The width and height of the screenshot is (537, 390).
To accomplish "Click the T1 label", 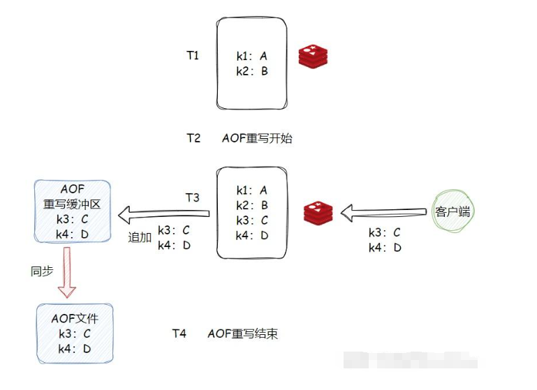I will coord(193,55).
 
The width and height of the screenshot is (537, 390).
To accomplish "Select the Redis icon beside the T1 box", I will coord(313,56).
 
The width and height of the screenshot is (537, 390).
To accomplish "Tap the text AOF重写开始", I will coord(257,138).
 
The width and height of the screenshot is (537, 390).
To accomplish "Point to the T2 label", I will coord(193,138).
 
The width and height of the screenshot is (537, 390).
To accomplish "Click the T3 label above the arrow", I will coord(193,197).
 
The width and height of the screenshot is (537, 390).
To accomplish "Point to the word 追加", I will coord(140,237).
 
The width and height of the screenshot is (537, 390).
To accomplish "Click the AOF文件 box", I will coord(73,333).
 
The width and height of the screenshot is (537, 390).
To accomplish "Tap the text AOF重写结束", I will coord(243,333).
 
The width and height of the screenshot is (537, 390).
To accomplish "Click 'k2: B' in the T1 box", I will coord(252,71).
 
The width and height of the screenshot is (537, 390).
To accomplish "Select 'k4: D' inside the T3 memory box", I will coord(252,235).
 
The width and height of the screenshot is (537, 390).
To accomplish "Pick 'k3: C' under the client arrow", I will coord(385,233).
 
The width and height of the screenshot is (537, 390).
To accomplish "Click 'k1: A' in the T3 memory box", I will coord(252,190).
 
